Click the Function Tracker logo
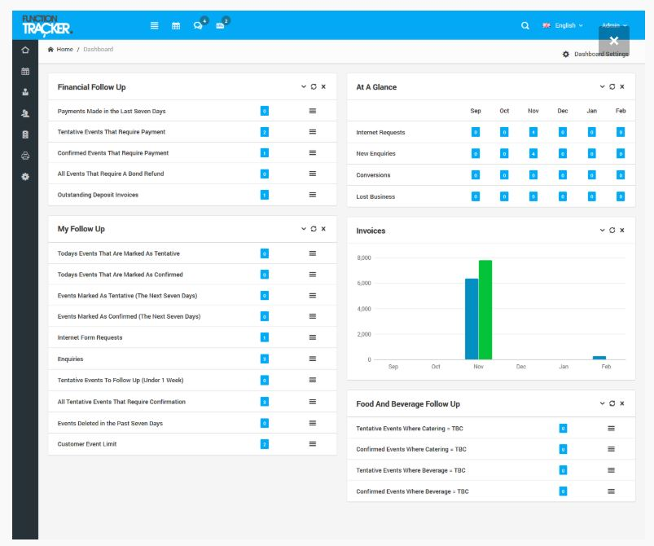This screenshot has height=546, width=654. pyautogui.click(x=46, y=25)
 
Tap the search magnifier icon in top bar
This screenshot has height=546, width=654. pyautogui.click(x=525, y=25)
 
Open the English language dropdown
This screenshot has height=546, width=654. pyautogui.click(x=564, y=25)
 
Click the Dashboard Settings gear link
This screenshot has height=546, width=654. pyautogui.click(x=595, y=54)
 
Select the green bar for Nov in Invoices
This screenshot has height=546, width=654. pyautogui.click(x=485, y=310)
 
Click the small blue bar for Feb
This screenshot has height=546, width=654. pyautogui.click(x=599, y=357)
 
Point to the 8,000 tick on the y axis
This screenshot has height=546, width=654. pyautogui.click(x=364, y=258)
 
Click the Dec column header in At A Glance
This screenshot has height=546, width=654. pyautogui.click(x=563, y=111)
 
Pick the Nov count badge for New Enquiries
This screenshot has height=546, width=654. pyautogui.click(x=533, y=153)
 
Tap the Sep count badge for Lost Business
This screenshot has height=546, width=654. pyautogui.click(x=476, y=196)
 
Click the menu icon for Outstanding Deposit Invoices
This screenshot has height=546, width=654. pyautogui.click(x=313, y=195)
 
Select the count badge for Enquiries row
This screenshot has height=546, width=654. pyautogui.click(x=265, y=359)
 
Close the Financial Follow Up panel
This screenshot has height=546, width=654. pyautogui.click(x=323, y=86)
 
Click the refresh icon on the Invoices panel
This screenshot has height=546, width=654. pyautogui.click(x=612, y=230)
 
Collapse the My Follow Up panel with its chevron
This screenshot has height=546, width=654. pyautogui.click(x=304, y=228)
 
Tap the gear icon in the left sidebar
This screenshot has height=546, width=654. pyautogui.click(x=25, y=176)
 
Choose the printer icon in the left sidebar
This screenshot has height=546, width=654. pyautogui.click(x=25, y=156)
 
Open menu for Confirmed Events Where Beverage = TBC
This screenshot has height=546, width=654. pyautogui.click(x=612, y=491)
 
